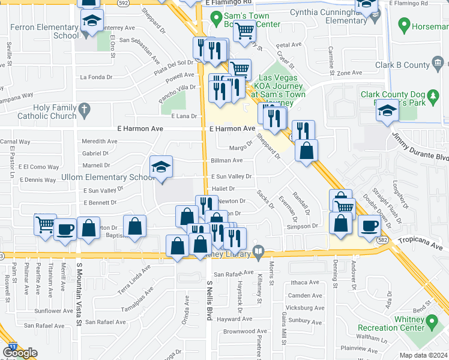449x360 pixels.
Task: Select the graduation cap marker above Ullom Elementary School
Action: [x=161, y=167]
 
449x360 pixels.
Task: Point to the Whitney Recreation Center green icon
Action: [x=432, y=324]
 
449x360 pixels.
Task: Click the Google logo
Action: [x=20, y=353]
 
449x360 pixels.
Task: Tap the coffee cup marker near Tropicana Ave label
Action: [x=369, y=226]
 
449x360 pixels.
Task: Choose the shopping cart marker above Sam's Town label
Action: [x=244, y=29]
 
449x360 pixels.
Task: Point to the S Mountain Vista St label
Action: [x=79, y=294]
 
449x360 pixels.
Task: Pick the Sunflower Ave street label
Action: [x=53, y=311]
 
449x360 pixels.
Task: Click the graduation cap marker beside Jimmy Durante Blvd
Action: [x=388, y=112]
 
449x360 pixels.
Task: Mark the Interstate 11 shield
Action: [x=12, y=347]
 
